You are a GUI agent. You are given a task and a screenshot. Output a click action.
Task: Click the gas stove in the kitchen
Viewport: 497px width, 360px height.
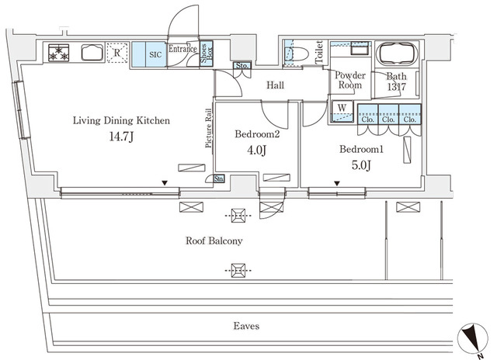[59, 53]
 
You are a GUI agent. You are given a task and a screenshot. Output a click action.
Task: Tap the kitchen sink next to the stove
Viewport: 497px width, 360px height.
[92, 52]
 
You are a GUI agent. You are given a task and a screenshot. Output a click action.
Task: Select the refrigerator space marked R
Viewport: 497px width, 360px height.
[117, 53]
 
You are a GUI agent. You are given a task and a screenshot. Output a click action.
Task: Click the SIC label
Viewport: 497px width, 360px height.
[155, 54]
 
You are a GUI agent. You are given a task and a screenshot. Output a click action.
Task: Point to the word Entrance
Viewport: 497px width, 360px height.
[182, 49]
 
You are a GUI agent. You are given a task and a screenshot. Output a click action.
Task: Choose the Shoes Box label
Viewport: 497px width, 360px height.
[207, 54]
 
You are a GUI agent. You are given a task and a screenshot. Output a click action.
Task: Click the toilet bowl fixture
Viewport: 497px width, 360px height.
[297, 54]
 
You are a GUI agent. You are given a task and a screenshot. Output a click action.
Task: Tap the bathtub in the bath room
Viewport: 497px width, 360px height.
[396, 54]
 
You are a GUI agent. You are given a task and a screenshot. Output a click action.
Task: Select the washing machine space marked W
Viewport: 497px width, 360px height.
[342, 111]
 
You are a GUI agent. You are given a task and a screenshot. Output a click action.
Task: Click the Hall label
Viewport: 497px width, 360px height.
[275, 85]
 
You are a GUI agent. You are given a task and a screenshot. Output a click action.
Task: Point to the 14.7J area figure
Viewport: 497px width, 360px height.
[121, 137]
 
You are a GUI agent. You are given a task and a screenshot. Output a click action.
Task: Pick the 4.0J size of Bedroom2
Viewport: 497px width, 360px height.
[256, 150]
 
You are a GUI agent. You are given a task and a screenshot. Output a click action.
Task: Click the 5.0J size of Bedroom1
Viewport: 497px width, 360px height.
[361, 165]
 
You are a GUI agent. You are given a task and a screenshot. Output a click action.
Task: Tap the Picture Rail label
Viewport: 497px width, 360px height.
[208, 128]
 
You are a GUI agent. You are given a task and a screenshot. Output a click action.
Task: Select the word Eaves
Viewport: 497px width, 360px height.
[246, 326]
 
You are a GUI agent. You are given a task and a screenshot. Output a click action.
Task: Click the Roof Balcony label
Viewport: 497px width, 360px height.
[214, 241]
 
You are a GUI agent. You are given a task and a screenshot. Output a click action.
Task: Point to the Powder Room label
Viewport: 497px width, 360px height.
[350, 80]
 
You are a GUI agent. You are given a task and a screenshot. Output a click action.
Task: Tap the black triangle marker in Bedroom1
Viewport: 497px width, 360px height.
[337, 184]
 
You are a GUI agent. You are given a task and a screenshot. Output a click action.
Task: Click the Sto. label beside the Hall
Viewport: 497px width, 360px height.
[242, 66]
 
